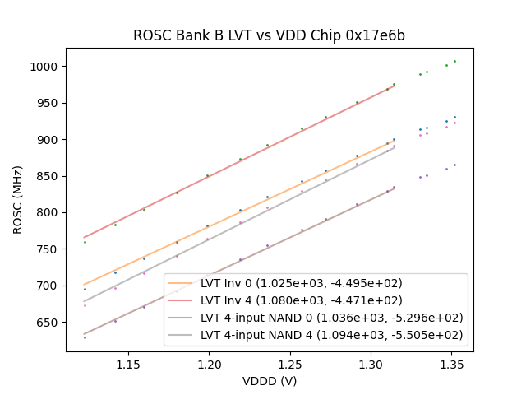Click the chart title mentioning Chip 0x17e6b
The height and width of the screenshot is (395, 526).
click(x=269, y=36)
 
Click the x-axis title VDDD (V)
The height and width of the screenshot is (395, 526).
click(x=269, y=381)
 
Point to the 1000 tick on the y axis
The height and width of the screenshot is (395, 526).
click(x=47, y=67)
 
